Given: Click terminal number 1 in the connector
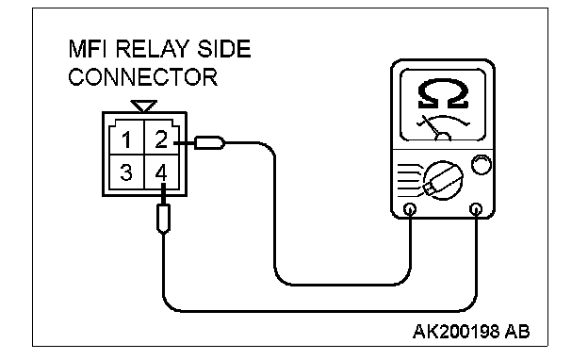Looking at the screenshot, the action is [x=126, y=139].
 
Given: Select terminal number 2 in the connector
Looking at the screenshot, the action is [x=161, y=139].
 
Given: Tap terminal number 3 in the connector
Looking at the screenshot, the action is [x=126, y=172].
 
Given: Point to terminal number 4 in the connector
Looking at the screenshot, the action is [x=161, y=172].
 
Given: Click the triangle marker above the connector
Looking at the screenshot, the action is [x=143, y=106].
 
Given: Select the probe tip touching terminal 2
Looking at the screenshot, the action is [x=209, y=143].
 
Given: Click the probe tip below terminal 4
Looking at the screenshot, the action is [x=163, y=219].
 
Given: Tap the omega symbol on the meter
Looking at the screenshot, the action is [x=443, y=93].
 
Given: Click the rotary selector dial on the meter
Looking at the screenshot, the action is [x=443, y=180].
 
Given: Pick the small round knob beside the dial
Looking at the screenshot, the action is [x=482, y=165].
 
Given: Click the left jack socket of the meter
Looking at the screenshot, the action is [x=410, y=209].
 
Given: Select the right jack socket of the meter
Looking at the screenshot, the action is [x=476, y=209].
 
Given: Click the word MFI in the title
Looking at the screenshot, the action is [x=89, y=49].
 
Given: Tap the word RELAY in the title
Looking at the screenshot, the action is [x=153, y=49].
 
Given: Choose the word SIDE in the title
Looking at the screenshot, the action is [x=224, y=49].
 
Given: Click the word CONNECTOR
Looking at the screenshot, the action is [x=143, y=77].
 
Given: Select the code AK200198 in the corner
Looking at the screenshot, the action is [x=456, y=332].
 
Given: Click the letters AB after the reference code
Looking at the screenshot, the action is [x=517, y=332].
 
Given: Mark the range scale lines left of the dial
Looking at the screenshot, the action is [x=410, y=180].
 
